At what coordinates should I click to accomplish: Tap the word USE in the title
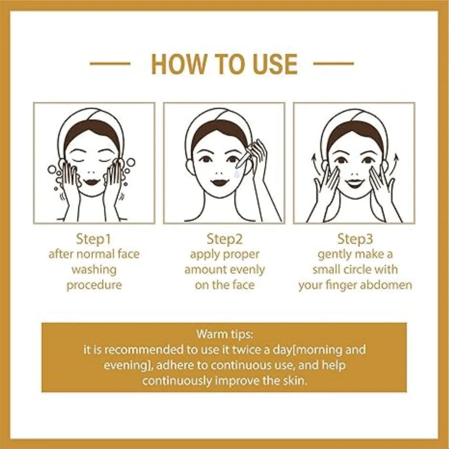pos(275,64)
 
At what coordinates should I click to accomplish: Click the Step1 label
pos(94,238)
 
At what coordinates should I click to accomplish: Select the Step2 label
pos(224,238)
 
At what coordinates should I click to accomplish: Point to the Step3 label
pos(355,238)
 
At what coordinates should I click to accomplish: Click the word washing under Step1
pos(94,269)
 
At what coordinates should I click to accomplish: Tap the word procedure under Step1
pos(94,285)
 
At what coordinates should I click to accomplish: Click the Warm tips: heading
pos(224,333)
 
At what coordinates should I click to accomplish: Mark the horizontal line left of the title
pos(110,64)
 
